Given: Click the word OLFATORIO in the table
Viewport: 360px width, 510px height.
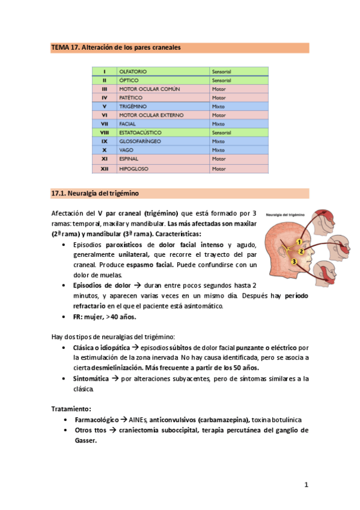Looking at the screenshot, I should (133, 72).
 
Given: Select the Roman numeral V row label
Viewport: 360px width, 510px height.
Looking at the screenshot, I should (104, 106).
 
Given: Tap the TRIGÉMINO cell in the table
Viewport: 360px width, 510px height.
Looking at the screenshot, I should (133, 106).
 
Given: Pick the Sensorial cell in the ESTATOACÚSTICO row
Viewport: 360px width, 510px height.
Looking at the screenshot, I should (221, 132).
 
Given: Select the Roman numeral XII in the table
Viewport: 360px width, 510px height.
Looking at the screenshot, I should (104, 170).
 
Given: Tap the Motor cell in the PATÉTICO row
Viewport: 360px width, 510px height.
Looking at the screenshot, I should (218, 97).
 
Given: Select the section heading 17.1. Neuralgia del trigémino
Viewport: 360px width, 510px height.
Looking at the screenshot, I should (97, 193).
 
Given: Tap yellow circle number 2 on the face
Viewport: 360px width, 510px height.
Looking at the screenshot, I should (302, 251).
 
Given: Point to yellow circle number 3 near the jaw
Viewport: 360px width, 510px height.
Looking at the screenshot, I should (294, 262).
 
